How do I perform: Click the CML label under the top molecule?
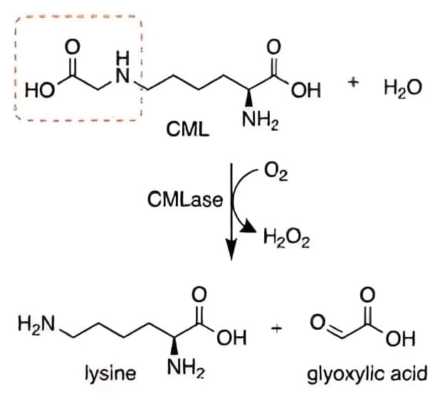coord(188,129)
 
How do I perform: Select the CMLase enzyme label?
coord(185,200)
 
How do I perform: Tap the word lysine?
coord(110,374)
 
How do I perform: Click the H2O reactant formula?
coord(403,87)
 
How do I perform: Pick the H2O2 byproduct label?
coord(286,239)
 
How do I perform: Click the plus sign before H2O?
coord(353,82)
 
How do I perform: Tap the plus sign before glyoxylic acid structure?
coord(276,328)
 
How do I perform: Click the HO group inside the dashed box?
coord(40,90)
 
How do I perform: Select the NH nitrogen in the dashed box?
coord(122,69)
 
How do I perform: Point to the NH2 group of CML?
coord(260,120)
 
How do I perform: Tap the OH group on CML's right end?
coord(306,90)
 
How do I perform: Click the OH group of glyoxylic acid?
coord(400,338)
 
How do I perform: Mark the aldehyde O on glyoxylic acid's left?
coord(318,323)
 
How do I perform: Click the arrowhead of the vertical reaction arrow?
coord(231,249)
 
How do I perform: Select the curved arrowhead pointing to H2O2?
coord(248,227)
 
